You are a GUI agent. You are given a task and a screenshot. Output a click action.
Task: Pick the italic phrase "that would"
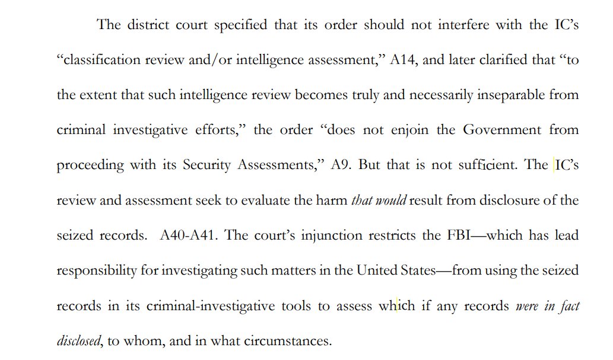pos(379,200)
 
